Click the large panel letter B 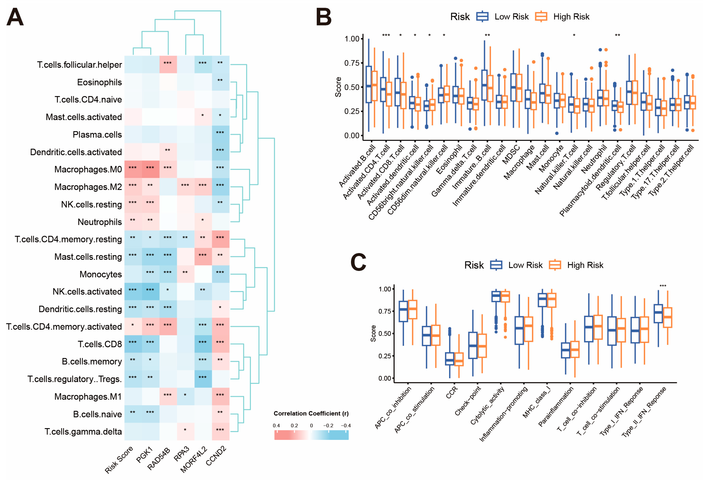(323, 17)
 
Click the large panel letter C (358, 262)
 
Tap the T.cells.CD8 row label (100, 344)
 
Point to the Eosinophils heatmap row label (99, 82)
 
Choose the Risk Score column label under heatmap (119, 460)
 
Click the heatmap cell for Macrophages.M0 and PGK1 (151, 169)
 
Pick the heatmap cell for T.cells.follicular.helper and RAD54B (168, 64)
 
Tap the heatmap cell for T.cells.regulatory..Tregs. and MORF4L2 (203, 379)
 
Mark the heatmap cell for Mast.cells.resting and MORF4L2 (203, 257)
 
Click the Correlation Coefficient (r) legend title (311, 413)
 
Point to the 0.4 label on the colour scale (276, 426)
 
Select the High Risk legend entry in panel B (562, 17)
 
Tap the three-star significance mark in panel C (663, 286)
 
